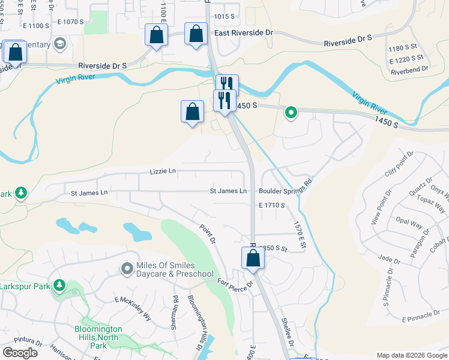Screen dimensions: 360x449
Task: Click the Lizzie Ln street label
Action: click(163, 172)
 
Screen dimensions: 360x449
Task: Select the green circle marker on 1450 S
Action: click(291, 112)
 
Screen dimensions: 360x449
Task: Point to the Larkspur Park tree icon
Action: click(59, 286)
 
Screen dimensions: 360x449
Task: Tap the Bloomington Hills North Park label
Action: click(98, 337)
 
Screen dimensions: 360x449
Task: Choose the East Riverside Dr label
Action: click(243, 34)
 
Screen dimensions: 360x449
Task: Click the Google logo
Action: click(20, 353)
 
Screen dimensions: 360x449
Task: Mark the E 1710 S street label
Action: click(271, 205)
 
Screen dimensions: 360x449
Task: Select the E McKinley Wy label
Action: click(133, 299)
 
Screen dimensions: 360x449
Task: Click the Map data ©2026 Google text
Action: click(411, 355)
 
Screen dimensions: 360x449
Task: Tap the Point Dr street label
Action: click(208, 232)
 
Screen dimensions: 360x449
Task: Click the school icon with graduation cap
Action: click(59, 43)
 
